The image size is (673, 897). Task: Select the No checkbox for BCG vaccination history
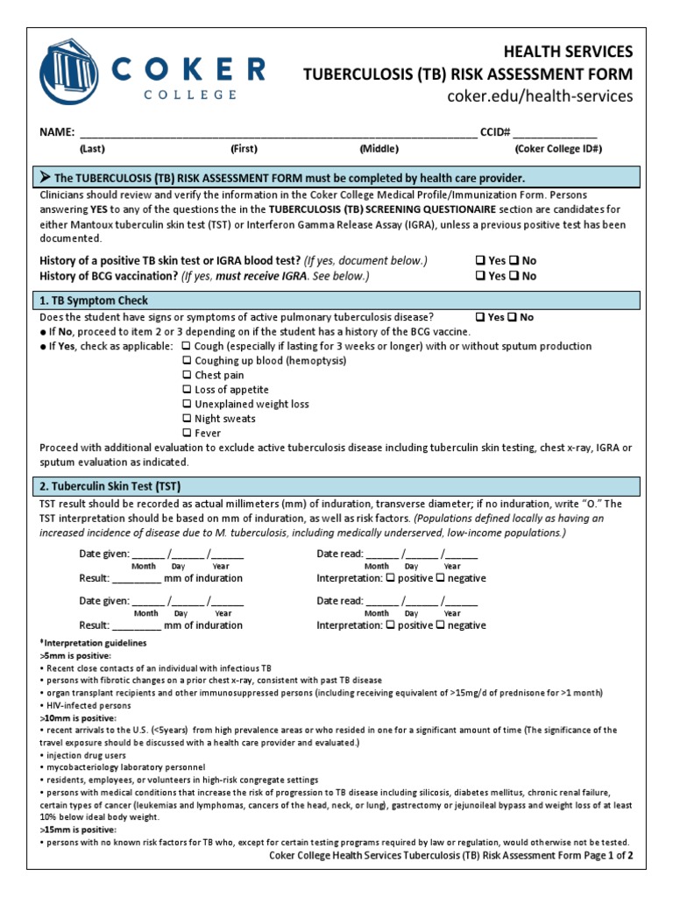coord(514,276)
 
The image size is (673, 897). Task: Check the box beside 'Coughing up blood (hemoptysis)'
coord(187,361)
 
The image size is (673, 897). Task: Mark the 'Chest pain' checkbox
coord(187,375)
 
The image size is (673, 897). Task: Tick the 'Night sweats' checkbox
coord(187,419)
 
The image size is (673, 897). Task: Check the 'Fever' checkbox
coord(187,433)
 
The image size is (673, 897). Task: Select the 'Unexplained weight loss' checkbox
coord(187,404)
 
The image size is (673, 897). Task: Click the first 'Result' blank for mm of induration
coord(136,578)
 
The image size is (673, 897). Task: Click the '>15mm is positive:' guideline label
coord(76,828)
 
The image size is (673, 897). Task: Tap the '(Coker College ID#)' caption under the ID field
coord(556,149)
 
